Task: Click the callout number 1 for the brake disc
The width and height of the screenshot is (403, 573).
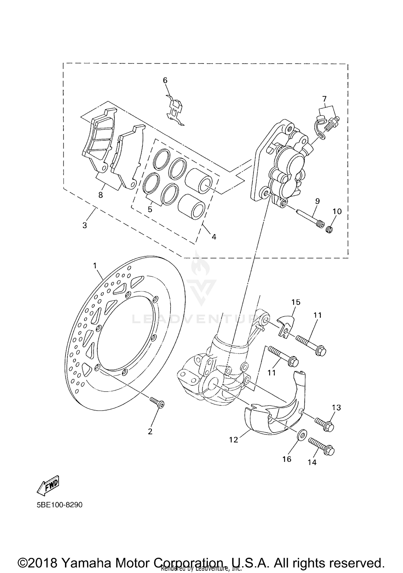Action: [95, 266]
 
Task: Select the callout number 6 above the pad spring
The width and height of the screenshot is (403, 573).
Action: [165, 80]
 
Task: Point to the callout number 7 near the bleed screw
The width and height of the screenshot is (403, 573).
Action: [325, 98]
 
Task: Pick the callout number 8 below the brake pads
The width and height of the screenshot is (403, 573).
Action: [100, 195]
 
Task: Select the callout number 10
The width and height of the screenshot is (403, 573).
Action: [337, 211]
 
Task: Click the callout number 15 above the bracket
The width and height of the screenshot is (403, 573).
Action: [296, 302]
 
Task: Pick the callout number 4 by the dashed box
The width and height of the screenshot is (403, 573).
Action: [214, 237]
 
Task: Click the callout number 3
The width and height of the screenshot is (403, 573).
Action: [85, 225]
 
